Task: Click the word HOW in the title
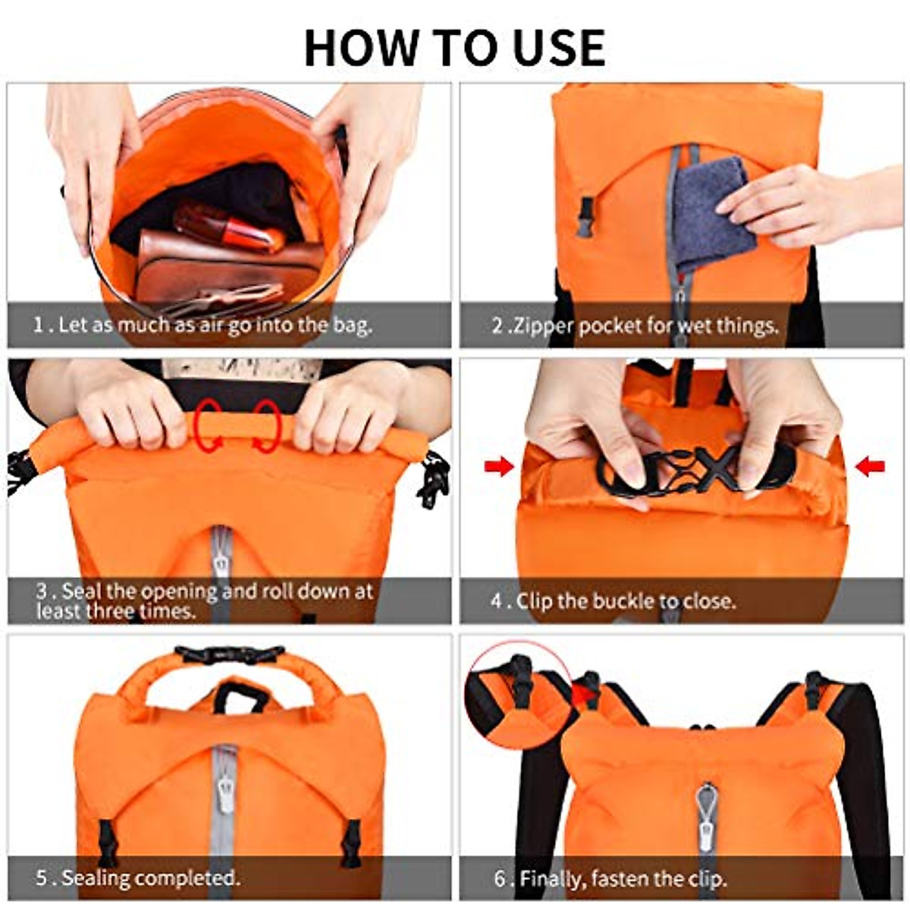(361, 48)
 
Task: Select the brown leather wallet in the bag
(226, 265)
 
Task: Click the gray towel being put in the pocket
(712, 213)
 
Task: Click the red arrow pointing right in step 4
(500, 467)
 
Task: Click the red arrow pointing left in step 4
(870, 467)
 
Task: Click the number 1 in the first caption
(39, 325)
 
